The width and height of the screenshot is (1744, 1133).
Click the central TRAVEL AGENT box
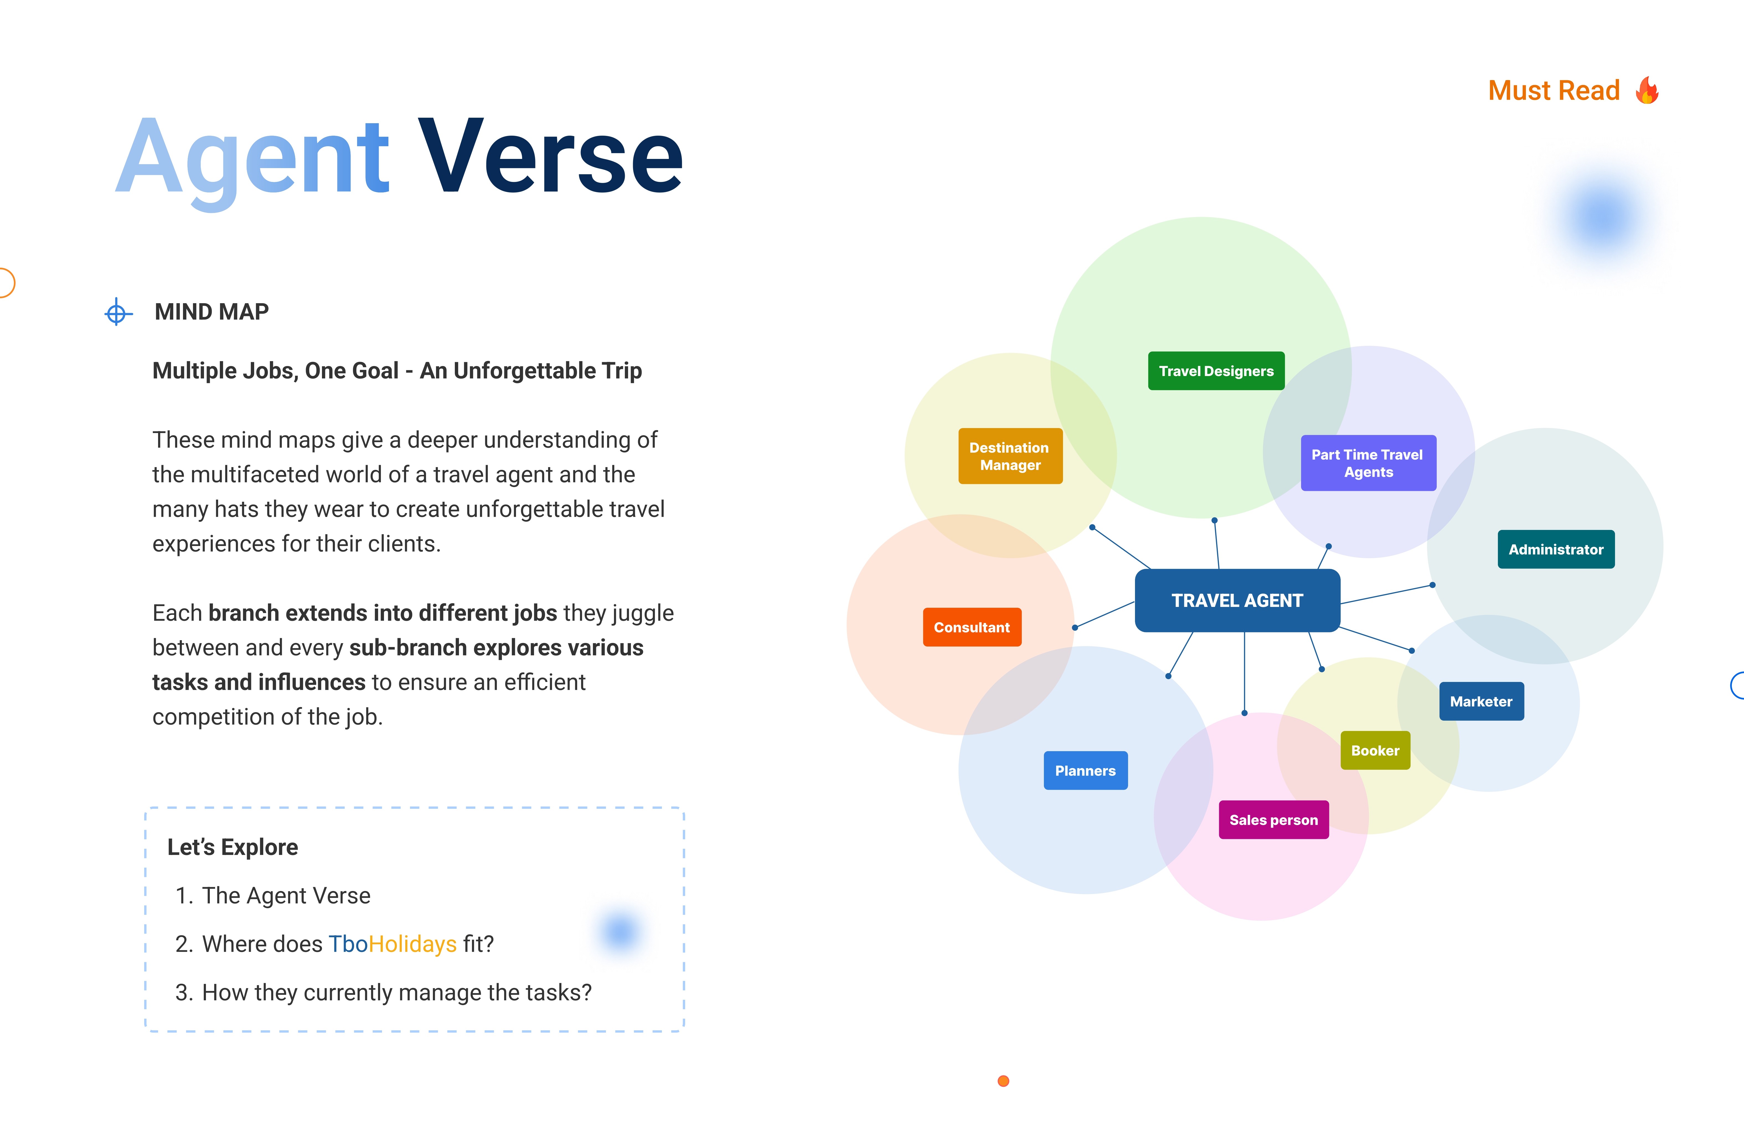(1237, 600)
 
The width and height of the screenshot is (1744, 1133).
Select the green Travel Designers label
(1216, 371)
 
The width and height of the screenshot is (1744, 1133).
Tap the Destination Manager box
(1010, 456)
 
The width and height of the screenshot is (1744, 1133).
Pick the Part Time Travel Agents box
(1367, 463)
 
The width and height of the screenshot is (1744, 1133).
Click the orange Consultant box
(972, 627)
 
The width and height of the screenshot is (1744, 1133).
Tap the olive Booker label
(1375, 750)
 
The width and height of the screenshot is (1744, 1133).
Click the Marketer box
(1481, 701)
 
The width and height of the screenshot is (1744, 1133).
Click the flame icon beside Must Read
(1647, 91)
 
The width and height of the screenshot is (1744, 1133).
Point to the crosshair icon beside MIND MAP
(117, 313)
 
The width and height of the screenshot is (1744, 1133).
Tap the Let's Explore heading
(232, 847)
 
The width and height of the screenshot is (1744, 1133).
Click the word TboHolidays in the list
(392, 944)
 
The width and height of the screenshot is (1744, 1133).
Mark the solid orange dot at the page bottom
(1003, 1081)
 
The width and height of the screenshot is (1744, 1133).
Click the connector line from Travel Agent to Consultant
(1105, 614)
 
